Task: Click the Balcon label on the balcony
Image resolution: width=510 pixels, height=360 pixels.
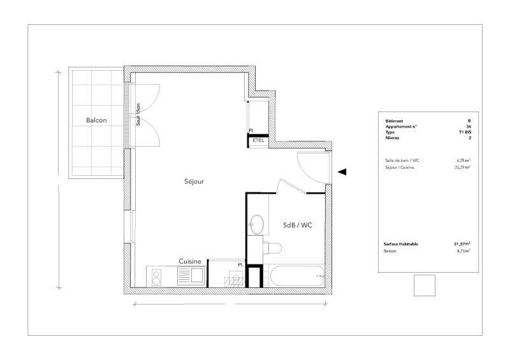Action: [x=96, y=120]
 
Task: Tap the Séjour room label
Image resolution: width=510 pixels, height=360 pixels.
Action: [x=194, y=181]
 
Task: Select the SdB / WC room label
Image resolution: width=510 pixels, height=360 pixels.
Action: [x=298, y=225]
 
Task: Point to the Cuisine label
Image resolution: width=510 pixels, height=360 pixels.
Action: [x=190, y=261]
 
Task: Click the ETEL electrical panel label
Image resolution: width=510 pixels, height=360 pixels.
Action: [x=259, y=140]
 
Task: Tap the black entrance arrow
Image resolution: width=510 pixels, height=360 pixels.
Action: [x=342, y=171]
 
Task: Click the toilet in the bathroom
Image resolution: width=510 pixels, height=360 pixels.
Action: [x=272, y=248]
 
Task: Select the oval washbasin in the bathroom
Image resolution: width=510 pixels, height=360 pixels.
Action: [x=258, y=224]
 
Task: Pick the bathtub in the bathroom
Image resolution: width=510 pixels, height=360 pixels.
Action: [x=297, y=276]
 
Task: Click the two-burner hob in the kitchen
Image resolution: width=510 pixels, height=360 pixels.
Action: [x=156, y=277]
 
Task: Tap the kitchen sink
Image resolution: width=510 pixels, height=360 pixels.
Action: [x=192, y=276]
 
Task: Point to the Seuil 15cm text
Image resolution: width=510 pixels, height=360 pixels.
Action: [x=138, y=115]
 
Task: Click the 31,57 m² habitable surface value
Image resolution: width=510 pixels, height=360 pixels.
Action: [x=462, y=244]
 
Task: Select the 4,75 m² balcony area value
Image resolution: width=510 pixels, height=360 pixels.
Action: [x=463, y=251]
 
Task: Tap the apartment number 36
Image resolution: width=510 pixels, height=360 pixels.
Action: [x=469, y=127]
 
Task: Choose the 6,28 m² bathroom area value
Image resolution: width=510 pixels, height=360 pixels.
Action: [x=463, y=160]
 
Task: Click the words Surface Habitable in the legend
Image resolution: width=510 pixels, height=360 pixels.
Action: [x=401, y=244]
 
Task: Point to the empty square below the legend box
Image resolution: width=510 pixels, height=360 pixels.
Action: [x=424, y=285]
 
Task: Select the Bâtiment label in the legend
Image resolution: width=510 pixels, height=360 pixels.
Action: [x=394, y=120]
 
